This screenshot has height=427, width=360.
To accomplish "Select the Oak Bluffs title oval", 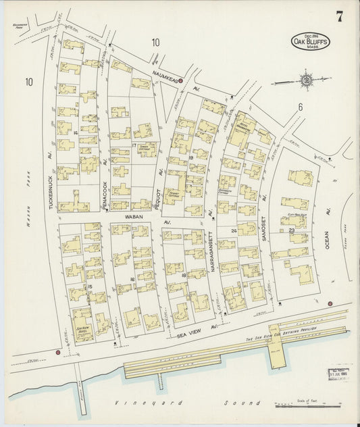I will pyautogui.click(x=310, y=41).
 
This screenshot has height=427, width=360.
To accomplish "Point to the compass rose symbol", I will pyautogui.click(x=307, y=81).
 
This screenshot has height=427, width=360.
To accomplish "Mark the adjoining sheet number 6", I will pyautogui.click(x=299, y=106).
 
